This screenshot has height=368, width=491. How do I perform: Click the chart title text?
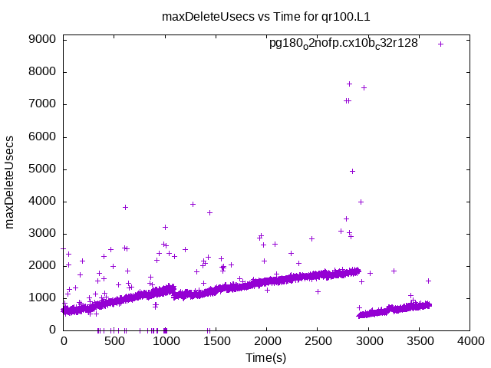tap(261, 15)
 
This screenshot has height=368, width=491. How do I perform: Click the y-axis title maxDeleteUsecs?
tap(11, 182)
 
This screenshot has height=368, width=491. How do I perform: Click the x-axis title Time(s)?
tap(266, 357)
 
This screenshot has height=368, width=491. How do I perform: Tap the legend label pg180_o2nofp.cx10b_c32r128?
tap(343, 43)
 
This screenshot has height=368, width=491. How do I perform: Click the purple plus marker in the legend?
tap(440, 44)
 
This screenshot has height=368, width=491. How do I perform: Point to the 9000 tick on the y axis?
tap(44, 40)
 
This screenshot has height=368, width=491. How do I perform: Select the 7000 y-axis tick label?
tap(44, 104)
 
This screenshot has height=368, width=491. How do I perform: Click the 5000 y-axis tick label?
tap(44, 169)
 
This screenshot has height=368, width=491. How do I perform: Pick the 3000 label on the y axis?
tap(44, 234)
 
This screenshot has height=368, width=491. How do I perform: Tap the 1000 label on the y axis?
tap(44, 298)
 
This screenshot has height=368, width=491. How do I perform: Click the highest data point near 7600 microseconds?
tap(349, 84)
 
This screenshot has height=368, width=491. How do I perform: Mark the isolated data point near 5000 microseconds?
tap(352, 171)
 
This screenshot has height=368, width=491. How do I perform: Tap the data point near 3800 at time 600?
tap(125, 207)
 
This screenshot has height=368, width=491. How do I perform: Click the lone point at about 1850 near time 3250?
tap(394, 271)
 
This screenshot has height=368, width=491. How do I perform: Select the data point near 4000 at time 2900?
tap(361, 202)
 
